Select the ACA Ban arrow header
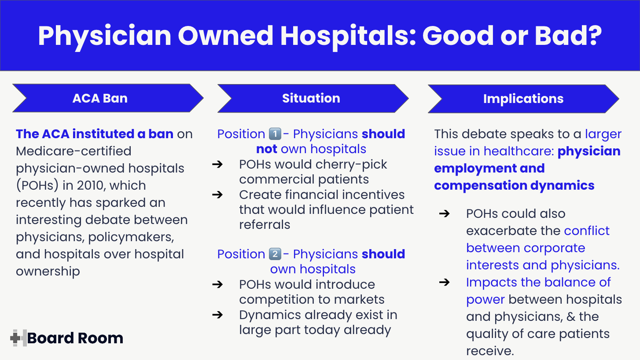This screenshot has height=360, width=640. pos(100,98)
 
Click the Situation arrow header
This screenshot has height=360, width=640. pos(311,98)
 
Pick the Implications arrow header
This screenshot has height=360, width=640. pos(523,99)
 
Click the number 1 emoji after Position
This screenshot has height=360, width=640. pos(274,134)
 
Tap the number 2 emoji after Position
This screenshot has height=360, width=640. pos(274,254)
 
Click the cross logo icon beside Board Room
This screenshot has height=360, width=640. pos(18,338)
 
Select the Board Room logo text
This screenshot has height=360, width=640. pos(75,338)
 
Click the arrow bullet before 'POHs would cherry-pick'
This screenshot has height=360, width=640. pos(217,165)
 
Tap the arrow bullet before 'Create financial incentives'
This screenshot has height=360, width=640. pos(217,195)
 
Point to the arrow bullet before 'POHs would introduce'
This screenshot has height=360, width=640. pos(217,285)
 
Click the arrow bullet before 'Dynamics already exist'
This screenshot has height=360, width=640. pos(217,315)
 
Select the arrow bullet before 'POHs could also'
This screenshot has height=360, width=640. pos(445,214)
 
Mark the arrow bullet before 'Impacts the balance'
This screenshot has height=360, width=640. pos(445,282)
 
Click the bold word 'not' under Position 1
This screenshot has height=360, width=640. pos(267,149)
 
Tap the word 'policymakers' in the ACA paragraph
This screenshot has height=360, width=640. pos(131,237)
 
